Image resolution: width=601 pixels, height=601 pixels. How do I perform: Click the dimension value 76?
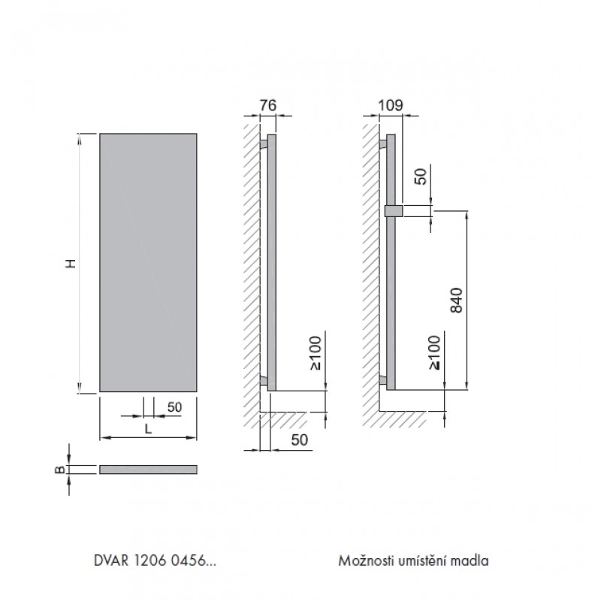click(x=268, y=105)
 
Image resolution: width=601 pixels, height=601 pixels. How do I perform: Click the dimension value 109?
click(x=391, y=105)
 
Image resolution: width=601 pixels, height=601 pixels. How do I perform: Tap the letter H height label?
click(x=71, y=264)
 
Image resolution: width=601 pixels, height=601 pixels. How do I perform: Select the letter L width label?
click(x=148, y=429)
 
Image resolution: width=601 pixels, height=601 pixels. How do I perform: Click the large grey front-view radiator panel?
click(x=148, y=262)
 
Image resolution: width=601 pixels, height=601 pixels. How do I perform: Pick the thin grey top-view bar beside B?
click(x=148, y=470)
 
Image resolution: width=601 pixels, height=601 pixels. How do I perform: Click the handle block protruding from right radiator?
click(x=393, y=211)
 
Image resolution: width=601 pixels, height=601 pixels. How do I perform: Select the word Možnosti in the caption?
click(x=366, y=560)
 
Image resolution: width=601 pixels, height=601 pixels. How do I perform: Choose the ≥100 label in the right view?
click(x=435, y=352)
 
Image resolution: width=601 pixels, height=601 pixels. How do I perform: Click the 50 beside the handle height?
click(x=421, y=177)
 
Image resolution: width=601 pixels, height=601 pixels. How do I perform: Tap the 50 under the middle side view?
click(x=300, y=440)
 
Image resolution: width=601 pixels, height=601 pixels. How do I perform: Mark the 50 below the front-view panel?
click(x=175, y=407)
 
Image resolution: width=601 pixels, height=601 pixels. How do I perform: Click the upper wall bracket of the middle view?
click(x=264, y=144)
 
